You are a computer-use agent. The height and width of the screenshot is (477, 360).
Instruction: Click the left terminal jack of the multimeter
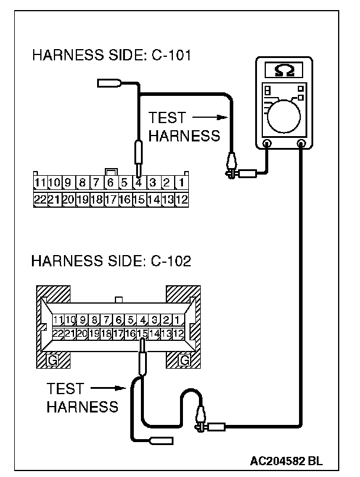pos(267,143)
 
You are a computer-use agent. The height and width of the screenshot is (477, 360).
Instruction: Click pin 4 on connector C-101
pos(139,182)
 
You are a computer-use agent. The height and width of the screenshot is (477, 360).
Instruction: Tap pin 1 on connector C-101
pos(182,182)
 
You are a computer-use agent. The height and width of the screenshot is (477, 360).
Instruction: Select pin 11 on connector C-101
pos(40,182)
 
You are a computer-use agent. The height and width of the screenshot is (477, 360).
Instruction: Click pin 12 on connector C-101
pos(182,199)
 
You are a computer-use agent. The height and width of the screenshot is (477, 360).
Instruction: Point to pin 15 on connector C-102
pos(142,334)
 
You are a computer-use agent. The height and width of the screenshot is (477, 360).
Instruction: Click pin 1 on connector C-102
pos(178,320)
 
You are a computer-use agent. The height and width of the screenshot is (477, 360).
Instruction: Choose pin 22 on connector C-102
pos(58,334)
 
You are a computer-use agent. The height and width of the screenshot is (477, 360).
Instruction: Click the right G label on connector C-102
pos(184,360)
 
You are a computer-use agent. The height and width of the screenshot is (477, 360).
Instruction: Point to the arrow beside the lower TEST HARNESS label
pos(110,389)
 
